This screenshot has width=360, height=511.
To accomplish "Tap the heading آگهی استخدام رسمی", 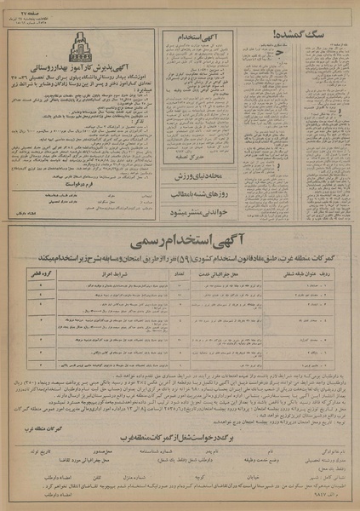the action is point(182,235).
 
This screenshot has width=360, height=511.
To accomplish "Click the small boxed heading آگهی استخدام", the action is point(189,37).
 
